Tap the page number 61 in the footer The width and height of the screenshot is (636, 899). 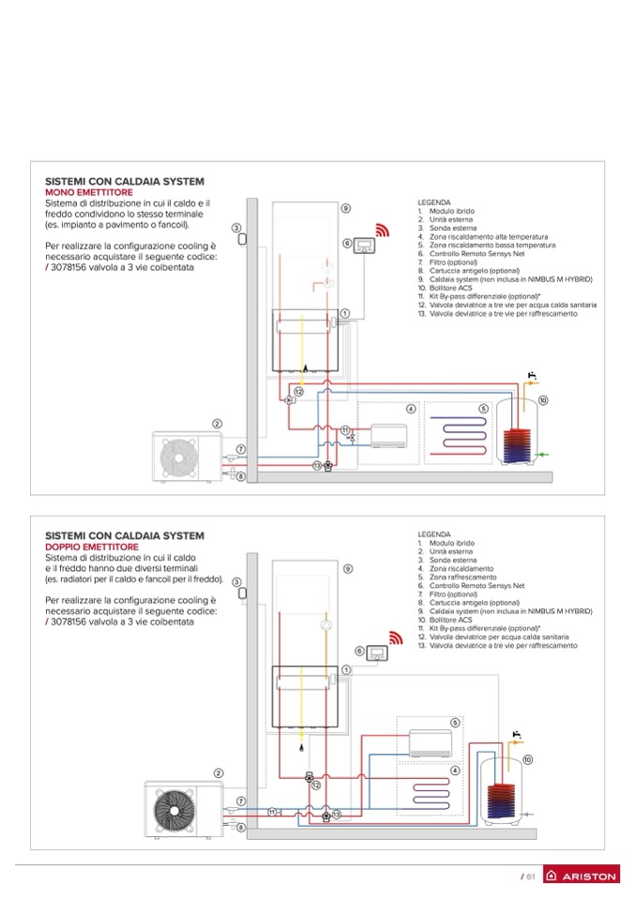tap(529, 877)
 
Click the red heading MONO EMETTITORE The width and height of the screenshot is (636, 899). tap(85, 191)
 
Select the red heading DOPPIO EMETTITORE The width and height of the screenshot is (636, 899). tap(92, 546)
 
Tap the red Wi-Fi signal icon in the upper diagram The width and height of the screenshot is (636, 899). tap(382, 232)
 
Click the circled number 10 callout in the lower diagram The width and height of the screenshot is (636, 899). tap(527, 758)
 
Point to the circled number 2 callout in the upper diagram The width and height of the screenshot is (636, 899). tap(217, 424)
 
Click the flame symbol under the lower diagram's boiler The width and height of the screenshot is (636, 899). tap(300, 747)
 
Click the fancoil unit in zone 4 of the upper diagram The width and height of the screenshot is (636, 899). tap(384, 437)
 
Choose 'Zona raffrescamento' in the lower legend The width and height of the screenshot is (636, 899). tap(462, 577)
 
